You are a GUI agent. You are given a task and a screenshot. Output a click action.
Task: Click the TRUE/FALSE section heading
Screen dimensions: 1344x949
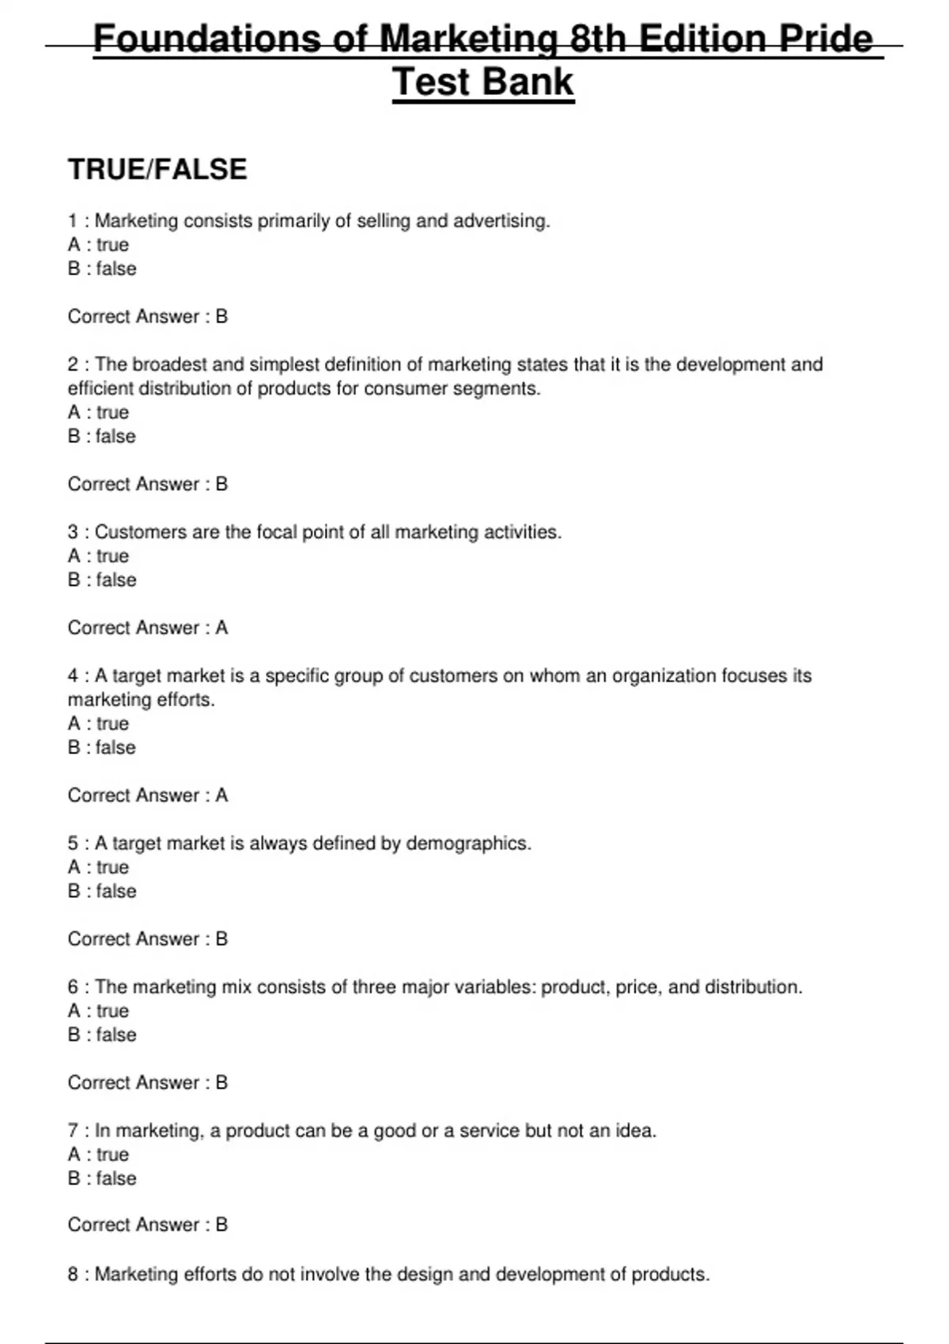157,169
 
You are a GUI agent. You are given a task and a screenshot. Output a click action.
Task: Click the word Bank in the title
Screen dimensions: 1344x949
529,82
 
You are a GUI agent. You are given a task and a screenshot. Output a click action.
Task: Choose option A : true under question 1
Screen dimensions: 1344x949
98,245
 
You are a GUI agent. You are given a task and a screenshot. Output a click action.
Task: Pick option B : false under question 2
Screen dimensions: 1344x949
101,436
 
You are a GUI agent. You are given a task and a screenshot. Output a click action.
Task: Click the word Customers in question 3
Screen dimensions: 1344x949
140,532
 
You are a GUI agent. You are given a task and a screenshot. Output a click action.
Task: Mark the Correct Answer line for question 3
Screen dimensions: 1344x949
148,628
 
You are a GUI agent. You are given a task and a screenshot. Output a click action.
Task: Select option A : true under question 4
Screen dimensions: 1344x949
98,724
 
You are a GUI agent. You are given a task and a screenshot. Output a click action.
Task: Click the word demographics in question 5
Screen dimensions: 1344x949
467,844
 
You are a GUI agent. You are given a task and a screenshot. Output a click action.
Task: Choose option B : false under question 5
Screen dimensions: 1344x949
101,892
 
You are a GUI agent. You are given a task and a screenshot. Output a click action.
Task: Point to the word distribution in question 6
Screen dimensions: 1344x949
752,987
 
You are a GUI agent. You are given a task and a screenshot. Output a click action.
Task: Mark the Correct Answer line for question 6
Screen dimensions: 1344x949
148,1082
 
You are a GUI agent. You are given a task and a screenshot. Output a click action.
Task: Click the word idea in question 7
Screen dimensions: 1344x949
635,1131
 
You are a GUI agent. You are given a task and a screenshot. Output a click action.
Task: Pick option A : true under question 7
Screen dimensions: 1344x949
98,1155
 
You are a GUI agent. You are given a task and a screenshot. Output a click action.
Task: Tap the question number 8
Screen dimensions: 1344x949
73,1274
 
